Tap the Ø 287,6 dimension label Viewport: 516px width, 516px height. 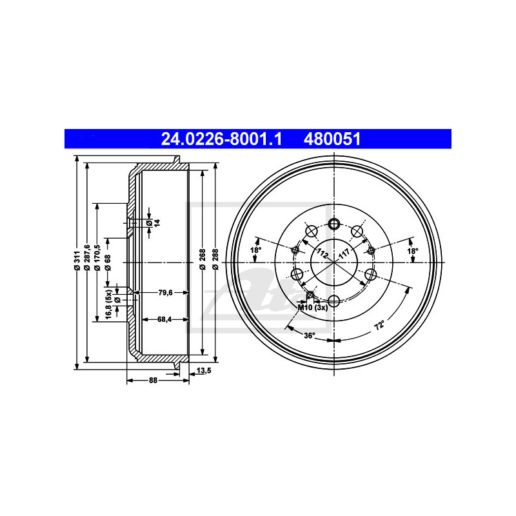click(x=87, y=261)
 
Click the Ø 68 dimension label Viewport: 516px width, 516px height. click(x=108, y=261)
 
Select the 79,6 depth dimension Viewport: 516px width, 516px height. click(x=165, y=292)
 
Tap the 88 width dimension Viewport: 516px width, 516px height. click(x=153, y=381)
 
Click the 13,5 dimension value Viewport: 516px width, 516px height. click(x=204, y=371)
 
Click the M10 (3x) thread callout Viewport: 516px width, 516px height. click(x=313, y=307)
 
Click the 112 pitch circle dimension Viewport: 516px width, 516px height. click(x=322, y=252)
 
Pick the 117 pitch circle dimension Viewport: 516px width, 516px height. click(x=344, y=251)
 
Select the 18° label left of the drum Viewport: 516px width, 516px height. click(x=255, y=250)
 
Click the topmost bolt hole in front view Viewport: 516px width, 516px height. click(x=334, y=224)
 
